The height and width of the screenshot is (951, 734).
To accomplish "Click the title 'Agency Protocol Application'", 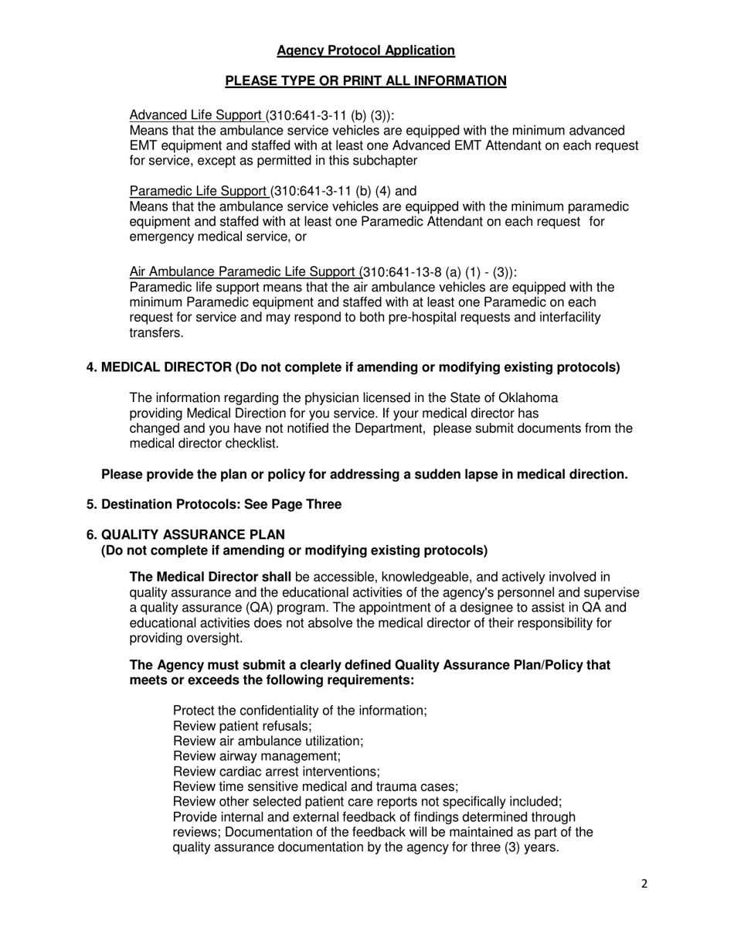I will pyautogui.click(x=365, y=51).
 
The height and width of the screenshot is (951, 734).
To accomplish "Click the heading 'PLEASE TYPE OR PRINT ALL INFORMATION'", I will pyautogui.click(x=365, y=81).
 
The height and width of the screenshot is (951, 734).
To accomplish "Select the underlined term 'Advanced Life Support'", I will pyautogui.click(x=197, y=115).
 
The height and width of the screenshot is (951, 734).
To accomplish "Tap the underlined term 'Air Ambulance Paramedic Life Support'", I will pyautogui.click(x=244, y=272).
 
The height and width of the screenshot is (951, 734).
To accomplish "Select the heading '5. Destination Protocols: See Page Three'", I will pyautogui.click(x=213, y=504).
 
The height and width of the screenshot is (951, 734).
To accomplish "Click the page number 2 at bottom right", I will pyautogui.click(x=644, y=885).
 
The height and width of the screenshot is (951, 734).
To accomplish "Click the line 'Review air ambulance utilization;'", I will pyautogui.click(x=268, y=741).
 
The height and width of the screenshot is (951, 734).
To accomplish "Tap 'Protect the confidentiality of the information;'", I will pyautogui.click(x=300, y=711).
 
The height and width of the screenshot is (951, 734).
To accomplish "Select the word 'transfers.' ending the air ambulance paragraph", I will pyautogui.click(x=156, y=333).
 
